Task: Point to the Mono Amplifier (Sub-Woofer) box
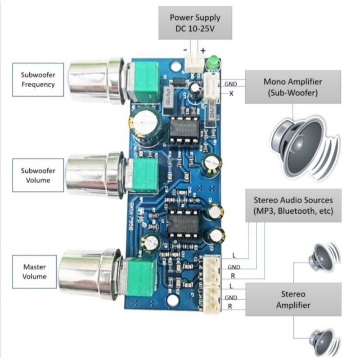tap(292, 87)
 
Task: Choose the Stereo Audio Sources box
tap(293, 205)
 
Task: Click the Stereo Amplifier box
tap(293, 300)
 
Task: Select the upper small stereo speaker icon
tap(323, 258)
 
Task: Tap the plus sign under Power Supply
tap(202, 50)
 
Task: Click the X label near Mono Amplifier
tap(231, 94)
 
